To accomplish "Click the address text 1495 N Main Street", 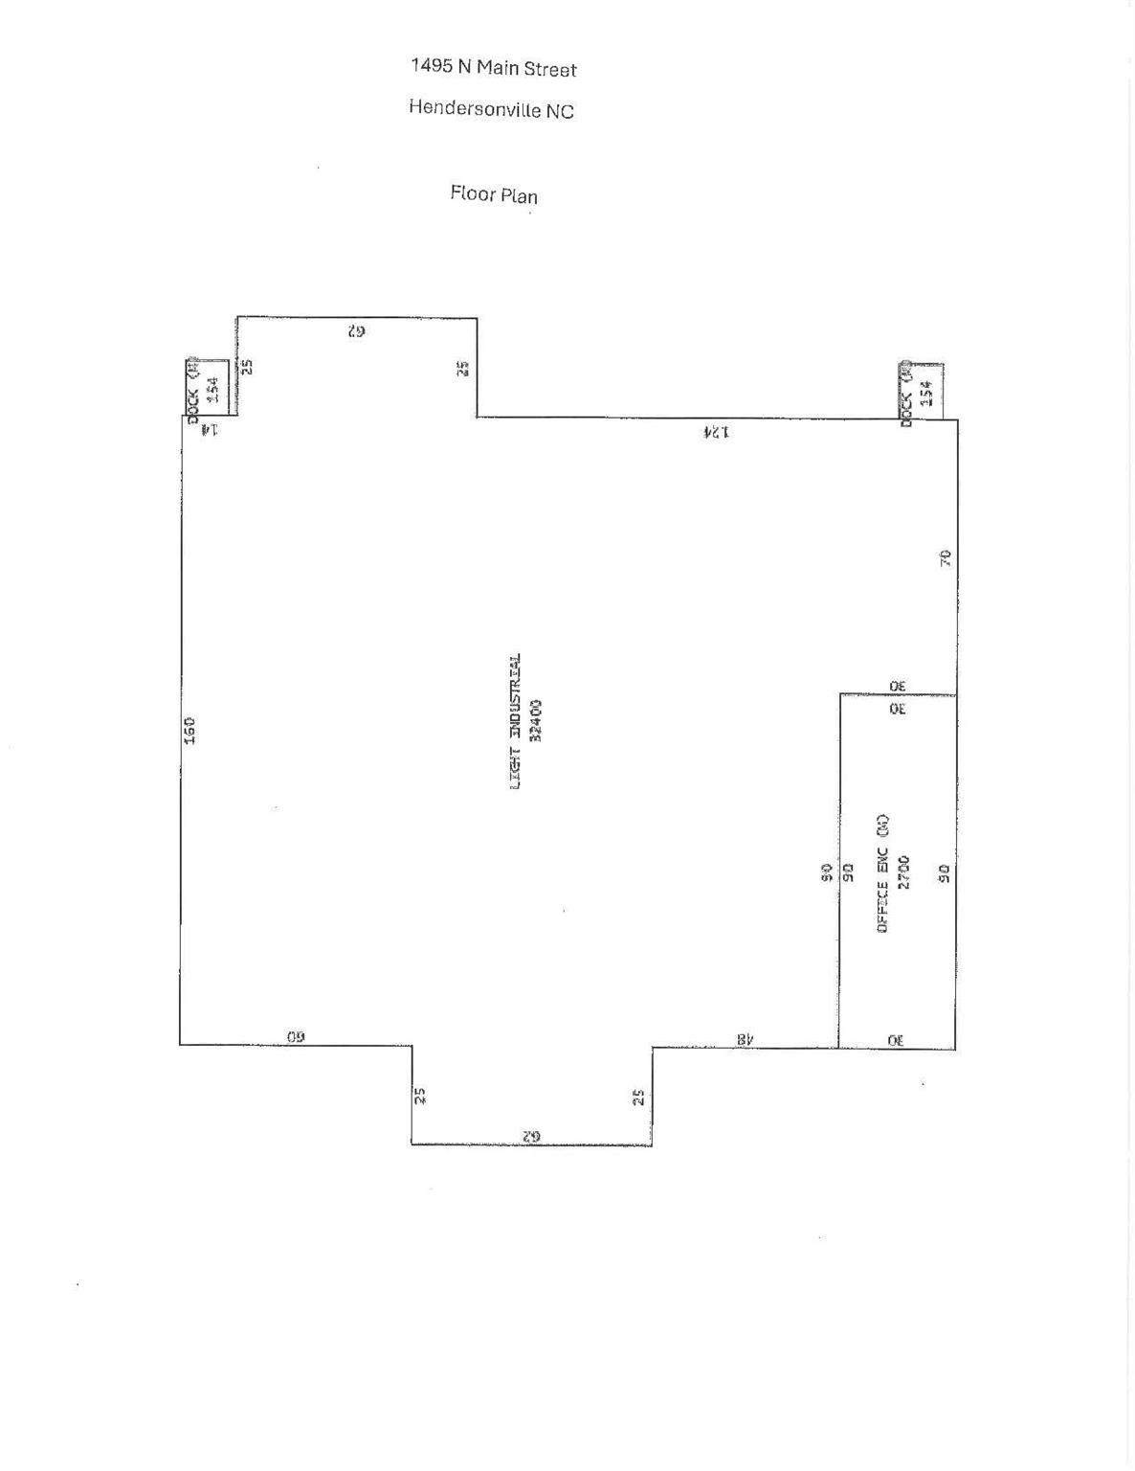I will (493, 68).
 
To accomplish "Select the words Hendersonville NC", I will (491, 109).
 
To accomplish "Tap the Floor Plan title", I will (494, 194).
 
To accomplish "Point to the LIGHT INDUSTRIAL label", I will (516, 721).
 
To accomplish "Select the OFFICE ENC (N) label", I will (883, 872).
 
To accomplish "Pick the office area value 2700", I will (904, 872).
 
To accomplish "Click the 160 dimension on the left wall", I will (189, 731).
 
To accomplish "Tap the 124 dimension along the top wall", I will (716, 432).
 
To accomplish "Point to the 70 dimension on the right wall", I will (945, 558).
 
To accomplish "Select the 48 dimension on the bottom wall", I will (746, 1038).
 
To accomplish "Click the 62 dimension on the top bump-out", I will (356, 331).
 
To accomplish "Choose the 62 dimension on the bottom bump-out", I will (532, 1135).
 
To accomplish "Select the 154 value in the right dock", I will (925, 394).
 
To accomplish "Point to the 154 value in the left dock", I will (213, 389).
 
